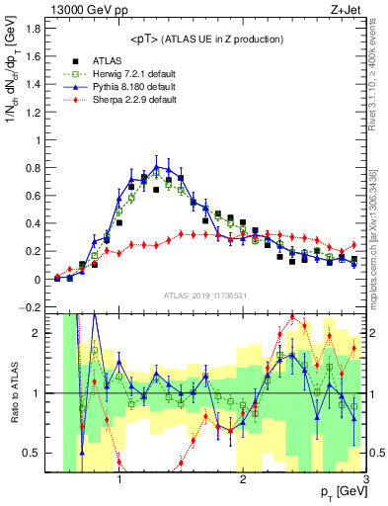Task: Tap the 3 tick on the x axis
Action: pos(365,479)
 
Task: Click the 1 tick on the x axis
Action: pos(119,479)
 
